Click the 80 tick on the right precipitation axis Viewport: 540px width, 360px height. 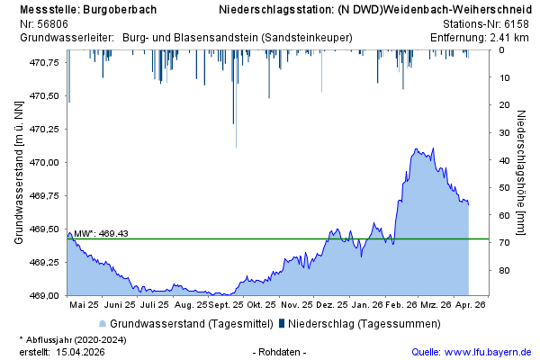(x=505, y=271)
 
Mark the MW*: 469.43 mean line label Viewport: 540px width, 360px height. (x=101, y=234)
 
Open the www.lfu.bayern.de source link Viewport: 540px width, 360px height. (x=491, y=351)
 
